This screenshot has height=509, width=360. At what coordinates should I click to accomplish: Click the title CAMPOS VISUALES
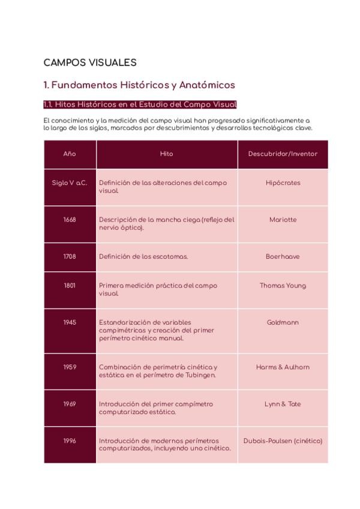point(90,62)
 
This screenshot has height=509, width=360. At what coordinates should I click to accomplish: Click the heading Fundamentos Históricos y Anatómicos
point(139,85)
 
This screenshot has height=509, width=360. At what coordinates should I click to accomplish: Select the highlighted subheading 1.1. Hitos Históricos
point(140,104)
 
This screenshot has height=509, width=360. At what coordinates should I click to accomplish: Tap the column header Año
point(70,154)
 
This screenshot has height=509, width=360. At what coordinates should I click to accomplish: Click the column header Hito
point(167,154)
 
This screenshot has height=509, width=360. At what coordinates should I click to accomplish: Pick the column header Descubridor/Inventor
point(283,154)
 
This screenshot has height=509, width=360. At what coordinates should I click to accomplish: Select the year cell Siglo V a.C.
point(70,183)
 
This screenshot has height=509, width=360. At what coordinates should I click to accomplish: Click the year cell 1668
point(70,220)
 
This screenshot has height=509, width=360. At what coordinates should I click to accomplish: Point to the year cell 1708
point(70,256)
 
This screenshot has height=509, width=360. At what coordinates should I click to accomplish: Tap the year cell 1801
point(70,286)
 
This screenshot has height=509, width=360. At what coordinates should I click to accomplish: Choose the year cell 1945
point(70,322)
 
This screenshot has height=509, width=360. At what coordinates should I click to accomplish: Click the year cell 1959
point(70,367)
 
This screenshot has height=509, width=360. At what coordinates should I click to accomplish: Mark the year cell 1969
point(70,404)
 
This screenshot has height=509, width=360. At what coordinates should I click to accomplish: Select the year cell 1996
point(70,441)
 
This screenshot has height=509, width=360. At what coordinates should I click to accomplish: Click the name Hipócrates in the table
point(283,183)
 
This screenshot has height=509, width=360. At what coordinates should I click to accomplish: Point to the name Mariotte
point(283,220)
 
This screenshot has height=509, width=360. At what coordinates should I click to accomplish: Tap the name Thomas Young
point(283,286)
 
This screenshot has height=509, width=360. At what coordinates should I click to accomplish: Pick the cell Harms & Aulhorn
point(283,367)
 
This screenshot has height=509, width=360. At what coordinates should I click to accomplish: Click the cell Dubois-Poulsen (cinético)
point(283,441)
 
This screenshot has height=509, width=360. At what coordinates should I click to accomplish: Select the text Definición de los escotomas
point(143,256)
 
